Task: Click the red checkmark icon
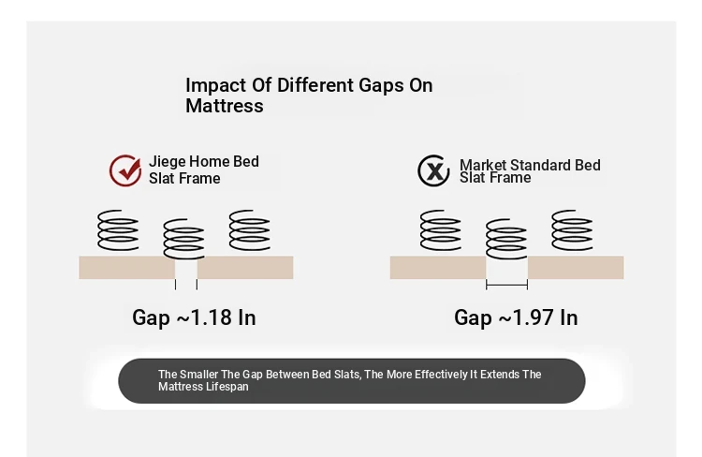coord(125,170)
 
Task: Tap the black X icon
coord(433,170)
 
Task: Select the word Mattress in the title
coord(225,106)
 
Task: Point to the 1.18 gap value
coord(212,317)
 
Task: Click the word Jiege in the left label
coord(167,162)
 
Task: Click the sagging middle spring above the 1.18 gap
coord(183,239)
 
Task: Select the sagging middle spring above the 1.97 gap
coord(506,239)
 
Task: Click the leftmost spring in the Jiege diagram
coord(118,229)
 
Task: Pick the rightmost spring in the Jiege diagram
coord(249,229)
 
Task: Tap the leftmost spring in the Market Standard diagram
coord(441,229)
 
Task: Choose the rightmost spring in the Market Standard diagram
coord(572,229)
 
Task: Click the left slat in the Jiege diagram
coord(126,268)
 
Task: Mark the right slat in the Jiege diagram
coord(245,268)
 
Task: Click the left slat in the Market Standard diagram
coord(438,268)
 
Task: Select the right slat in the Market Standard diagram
coord(576,268)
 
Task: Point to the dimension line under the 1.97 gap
coord(506,285)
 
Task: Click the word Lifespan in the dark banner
coord(227,387)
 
